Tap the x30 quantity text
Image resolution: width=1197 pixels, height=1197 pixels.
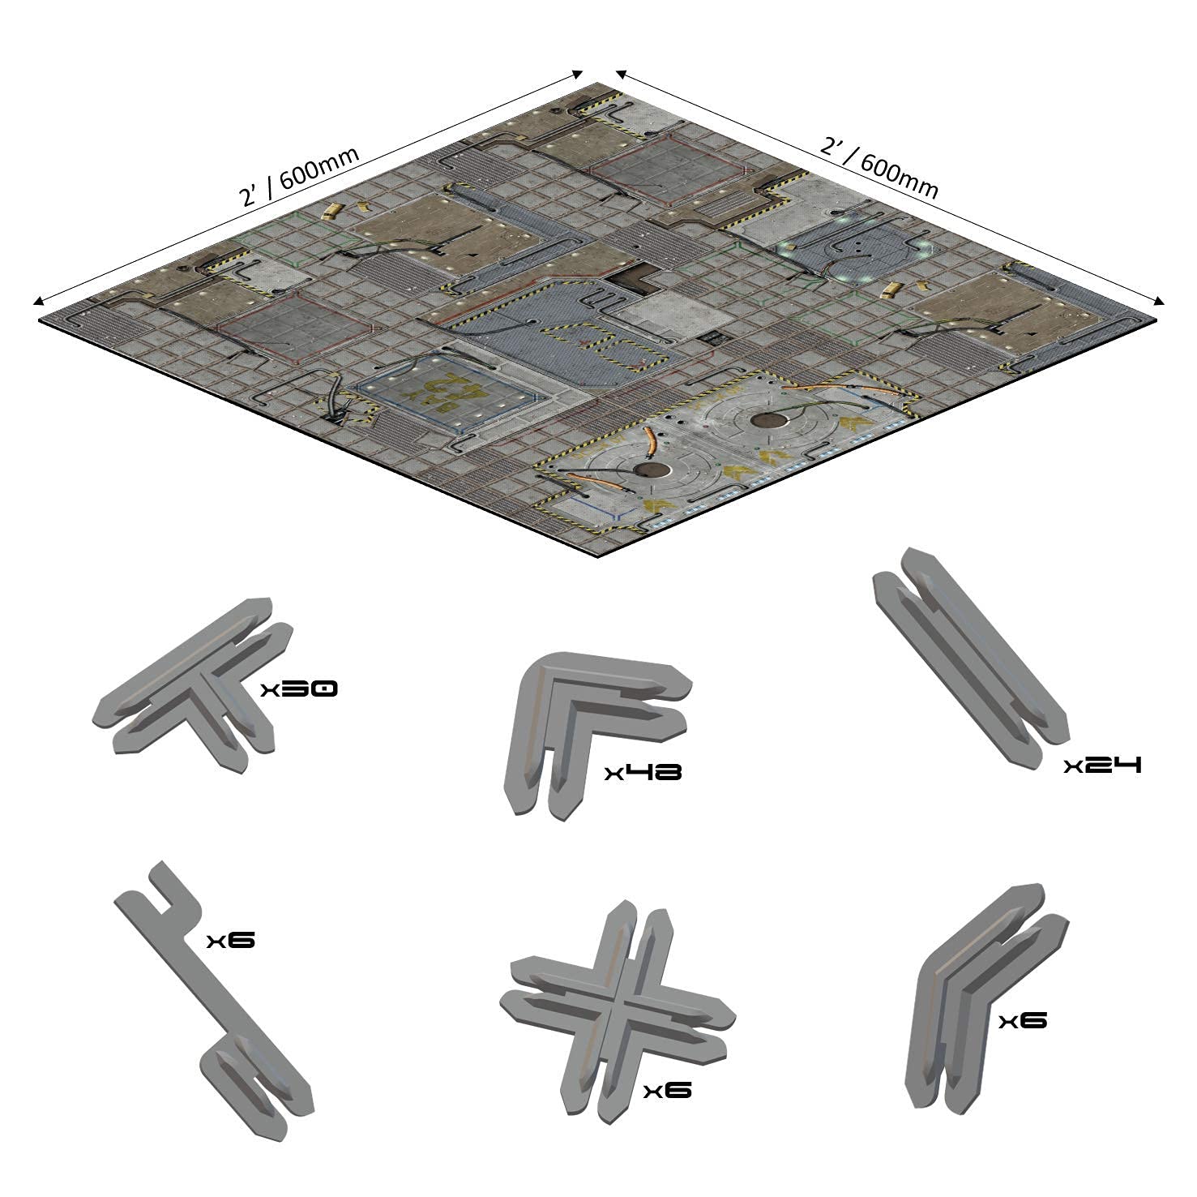pos(298,690)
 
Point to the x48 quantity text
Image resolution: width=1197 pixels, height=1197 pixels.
pos(643,772)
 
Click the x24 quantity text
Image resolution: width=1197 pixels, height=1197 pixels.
pos(1102,765)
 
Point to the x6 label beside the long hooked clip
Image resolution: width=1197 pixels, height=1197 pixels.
pos(231,941)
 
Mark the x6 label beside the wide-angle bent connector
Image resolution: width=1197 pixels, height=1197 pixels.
pos(1023,1020)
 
